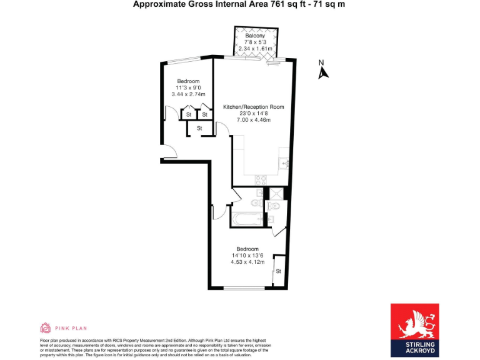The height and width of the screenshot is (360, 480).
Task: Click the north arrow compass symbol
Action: coord(322,71)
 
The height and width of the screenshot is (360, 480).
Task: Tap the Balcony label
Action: coord(254,36)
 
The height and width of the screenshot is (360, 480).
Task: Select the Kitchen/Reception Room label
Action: coord(253,107)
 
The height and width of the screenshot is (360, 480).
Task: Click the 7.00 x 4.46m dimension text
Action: coord(253,119)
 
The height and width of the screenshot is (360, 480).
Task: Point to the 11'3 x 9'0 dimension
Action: coord(188,88)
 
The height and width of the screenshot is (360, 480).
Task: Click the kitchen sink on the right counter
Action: coord(284,164)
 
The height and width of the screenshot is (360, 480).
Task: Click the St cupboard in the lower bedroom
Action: coord(279,271)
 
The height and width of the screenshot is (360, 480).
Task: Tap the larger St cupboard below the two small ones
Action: coord(199,128)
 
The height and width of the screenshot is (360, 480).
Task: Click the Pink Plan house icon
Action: coord(45,327)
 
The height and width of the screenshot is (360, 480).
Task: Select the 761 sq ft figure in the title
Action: coord(281,4)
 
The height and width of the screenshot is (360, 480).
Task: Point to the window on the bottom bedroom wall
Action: coord(240,287)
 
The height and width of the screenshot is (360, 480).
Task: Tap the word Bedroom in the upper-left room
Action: coord(188,81)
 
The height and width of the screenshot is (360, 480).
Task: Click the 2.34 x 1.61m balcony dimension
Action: coord(254,49)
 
